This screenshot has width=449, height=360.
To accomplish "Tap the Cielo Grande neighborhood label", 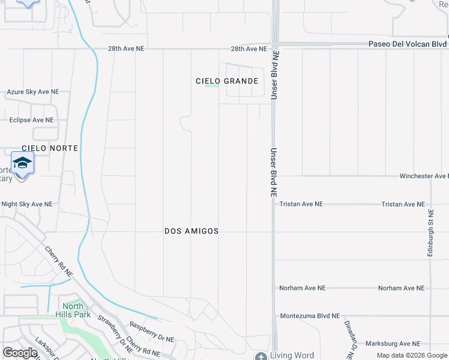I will [228, 81].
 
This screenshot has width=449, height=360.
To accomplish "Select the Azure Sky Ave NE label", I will [33, 92].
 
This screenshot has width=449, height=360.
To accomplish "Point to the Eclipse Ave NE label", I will [31, 120].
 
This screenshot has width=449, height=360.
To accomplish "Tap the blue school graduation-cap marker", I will [22, 164].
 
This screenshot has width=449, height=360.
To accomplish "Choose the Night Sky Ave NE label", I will [27, 205].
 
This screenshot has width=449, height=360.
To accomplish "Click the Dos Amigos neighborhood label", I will [191, 231].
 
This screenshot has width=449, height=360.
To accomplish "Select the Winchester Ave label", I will [423, 176].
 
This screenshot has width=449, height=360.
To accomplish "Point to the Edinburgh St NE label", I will [430, 233].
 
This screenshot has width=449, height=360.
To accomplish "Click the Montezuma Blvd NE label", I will [310, 316].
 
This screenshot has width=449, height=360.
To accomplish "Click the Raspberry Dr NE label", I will [152, 332].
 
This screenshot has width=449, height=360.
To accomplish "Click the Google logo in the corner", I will [20, 353].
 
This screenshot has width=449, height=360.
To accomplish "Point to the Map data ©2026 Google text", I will [412, 355].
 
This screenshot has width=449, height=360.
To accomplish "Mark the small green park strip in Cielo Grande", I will [211, 86].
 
